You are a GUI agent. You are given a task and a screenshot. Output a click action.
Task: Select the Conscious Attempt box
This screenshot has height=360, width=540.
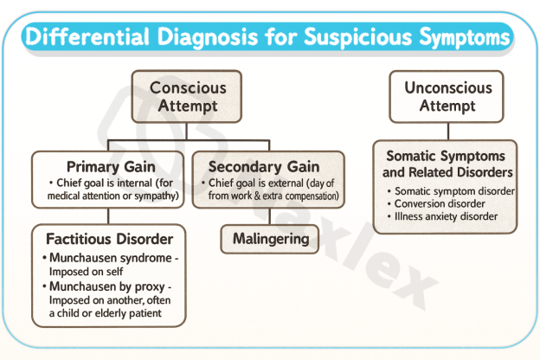[x=187, y=97]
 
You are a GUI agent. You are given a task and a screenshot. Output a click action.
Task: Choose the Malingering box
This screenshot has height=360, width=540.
[x=269, y=238]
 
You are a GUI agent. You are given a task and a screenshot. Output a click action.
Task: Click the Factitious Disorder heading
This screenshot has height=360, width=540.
[x=108, y=238]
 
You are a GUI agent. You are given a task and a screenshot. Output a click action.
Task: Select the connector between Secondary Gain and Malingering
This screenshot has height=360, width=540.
[x=269, y=216]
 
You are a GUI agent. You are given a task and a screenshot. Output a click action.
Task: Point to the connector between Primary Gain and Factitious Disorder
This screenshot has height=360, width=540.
[x=108, y=215]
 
